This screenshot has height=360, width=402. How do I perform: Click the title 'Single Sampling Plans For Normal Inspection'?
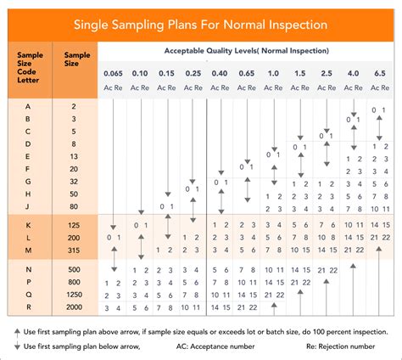coord(201,25)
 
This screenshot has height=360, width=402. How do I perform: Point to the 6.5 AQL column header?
coord(378,74)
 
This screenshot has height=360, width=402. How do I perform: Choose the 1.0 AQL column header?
coord(273,74)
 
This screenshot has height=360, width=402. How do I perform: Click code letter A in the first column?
coord(30,107)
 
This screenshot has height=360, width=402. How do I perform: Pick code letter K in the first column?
coord(30,224)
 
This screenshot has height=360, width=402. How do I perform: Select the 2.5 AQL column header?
coord(327,74)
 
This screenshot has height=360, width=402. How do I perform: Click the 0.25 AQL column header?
coord(193,74)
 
